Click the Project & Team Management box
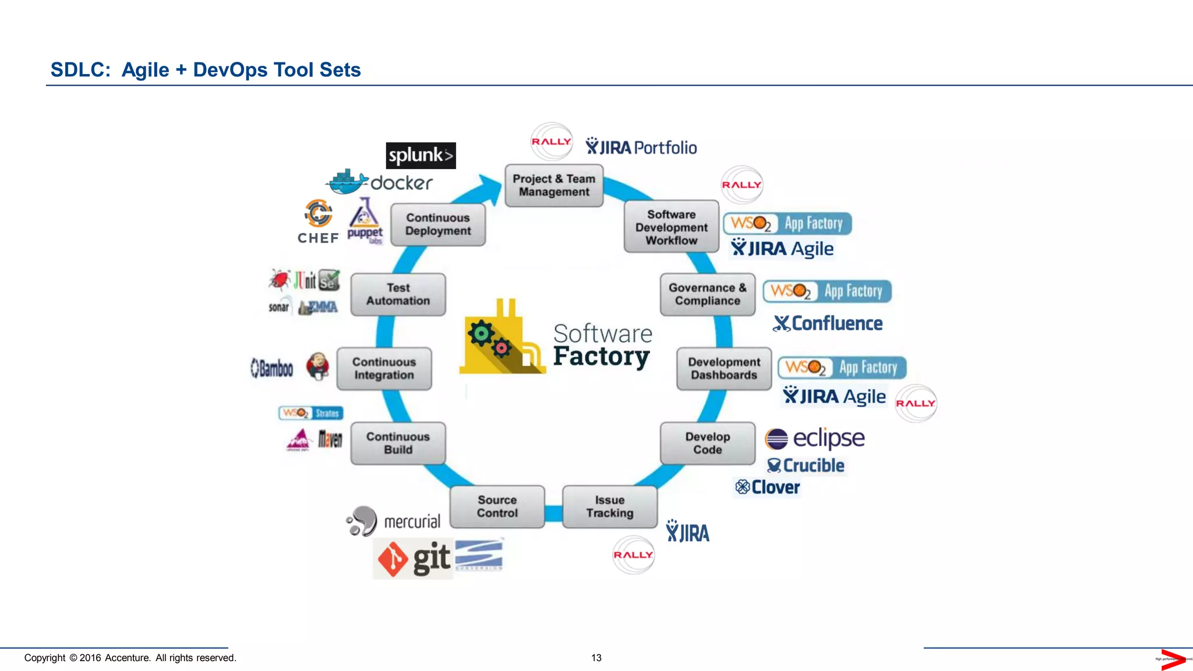click(x=554, y=186)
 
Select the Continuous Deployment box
click(x=438, y=224)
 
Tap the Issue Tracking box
click(x=609, y=507)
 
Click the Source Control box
click(x=497, y=507)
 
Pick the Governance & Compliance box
click(x=707, y=294)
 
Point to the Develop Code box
click(x=707, y=443)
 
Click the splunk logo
click(x=421, y=156)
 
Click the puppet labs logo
click(x=365, y=221)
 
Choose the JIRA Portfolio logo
click(x=641, y=147)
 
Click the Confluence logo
click(x=828, y=323)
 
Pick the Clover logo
click(x=767, y=487)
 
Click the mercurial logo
click(x=394, y=521)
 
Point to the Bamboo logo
click(x=271, y=368)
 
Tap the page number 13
click(x=596, y=658)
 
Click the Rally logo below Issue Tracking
click(x=633, y=555)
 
